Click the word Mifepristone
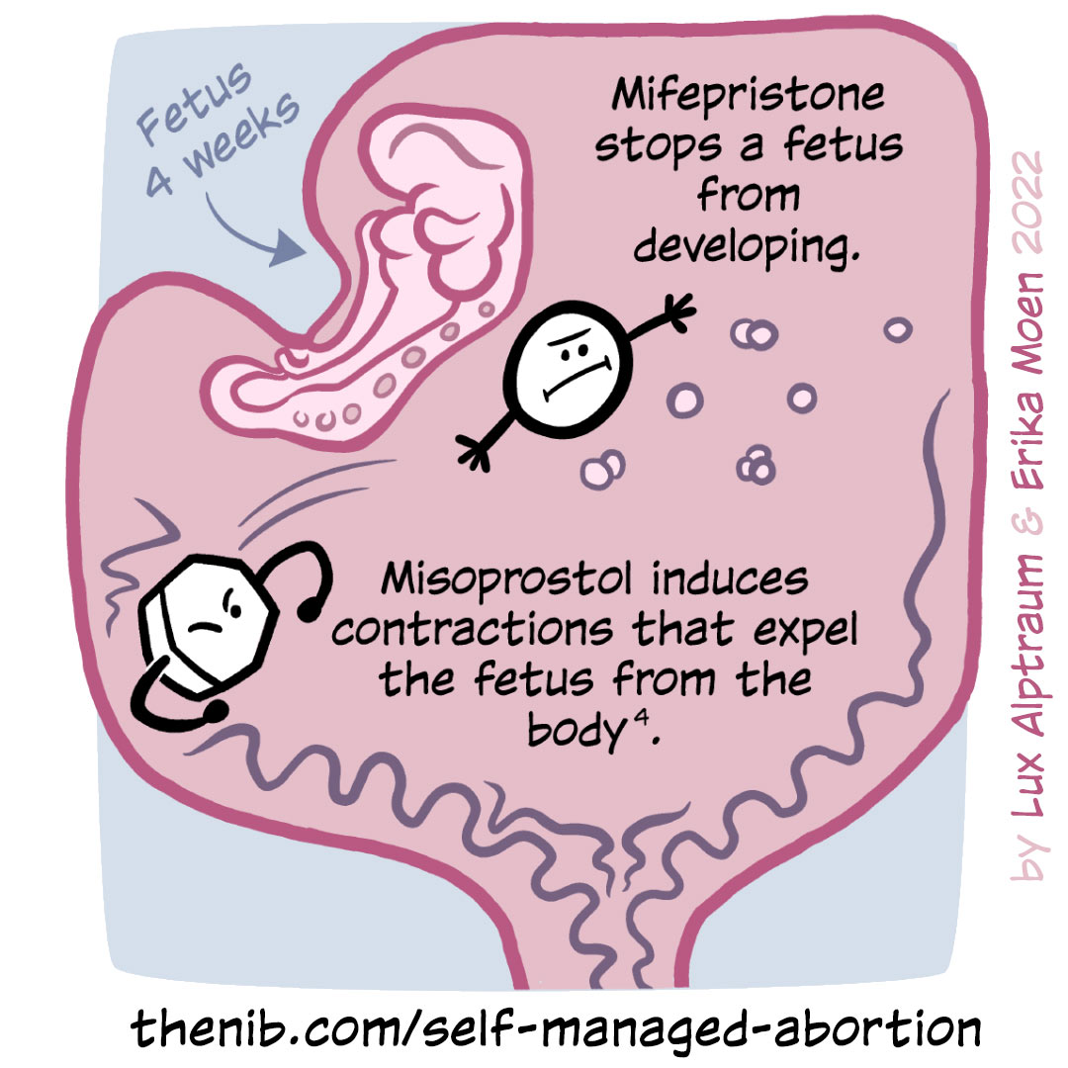(748, 97)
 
